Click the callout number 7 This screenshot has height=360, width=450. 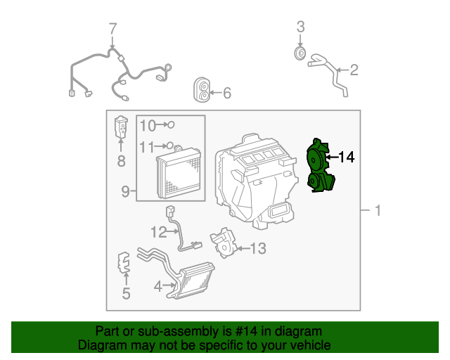tap(112, 30)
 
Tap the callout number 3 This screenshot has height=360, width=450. tap(300, 27)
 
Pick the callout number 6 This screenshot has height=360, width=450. tap(226, 93)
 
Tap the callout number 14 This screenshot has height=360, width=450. tap(346, 157)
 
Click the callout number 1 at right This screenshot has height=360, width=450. tap(378, 210)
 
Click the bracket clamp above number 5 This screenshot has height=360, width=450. tap(124, 264)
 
